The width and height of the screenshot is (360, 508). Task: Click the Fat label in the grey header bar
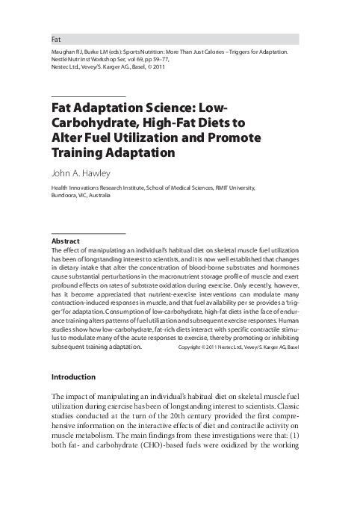(x=55, y=37)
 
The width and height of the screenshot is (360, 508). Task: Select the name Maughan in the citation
(x=64, y=54)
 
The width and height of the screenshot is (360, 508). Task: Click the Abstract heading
(x=64, y=241)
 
